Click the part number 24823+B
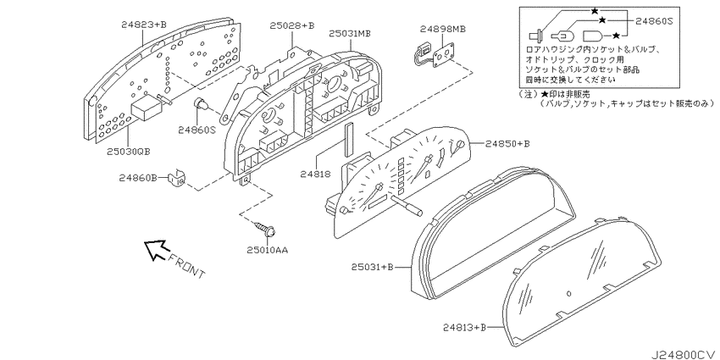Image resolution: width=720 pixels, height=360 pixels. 144,25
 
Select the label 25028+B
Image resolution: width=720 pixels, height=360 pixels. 292,25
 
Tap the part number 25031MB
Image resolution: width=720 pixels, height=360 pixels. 350,34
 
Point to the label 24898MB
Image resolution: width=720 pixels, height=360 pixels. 443,29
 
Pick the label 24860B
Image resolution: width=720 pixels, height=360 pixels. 138,177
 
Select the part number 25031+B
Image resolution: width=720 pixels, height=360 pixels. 373,267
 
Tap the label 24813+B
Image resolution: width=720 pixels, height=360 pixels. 465,327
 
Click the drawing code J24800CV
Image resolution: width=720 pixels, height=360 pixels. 684,354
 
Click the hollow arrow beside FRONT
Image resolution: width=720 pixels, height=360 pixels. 155,250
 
